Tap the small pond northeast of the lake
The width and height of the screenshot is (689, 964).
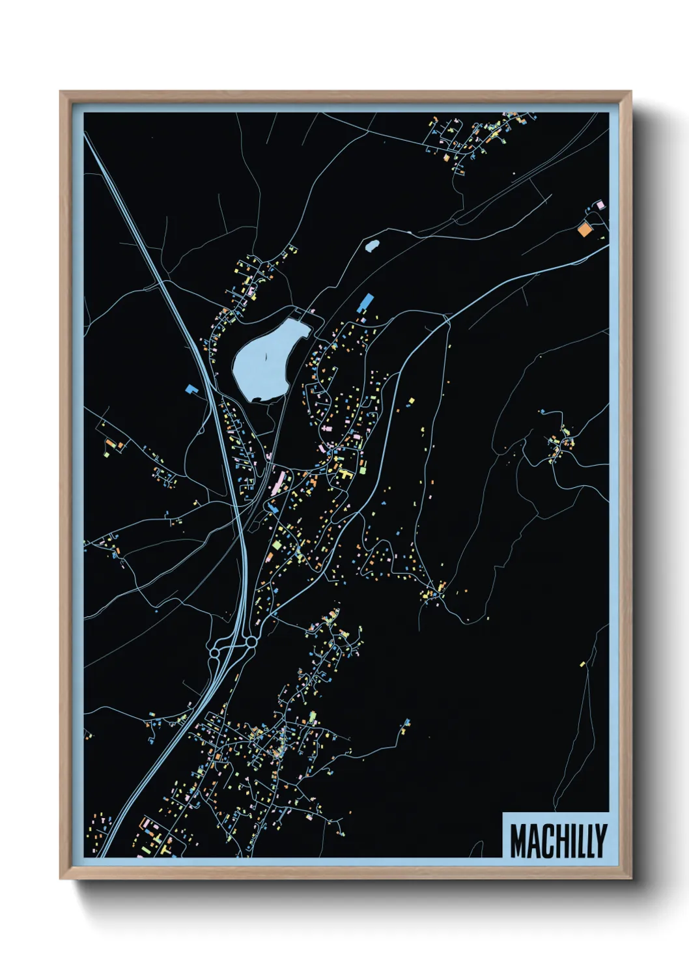pyautogui.click(x=372, y=246)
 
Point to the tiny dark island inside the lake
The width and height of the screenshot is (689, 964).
pyautogui.click(x=265, y=356)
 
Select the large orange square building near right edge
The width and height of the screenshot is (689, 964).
pyautogui.click(x=584, y=229)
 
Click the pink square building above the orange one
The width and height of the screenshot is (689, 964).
pyautogui.click(x=600, y=205)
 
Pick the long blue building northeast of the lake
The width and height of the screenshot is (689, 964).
pyautogui.click(x=366, y=302)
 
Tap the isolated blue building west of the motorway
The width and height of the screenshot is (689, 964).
pyautogui.click(x=191, y=389)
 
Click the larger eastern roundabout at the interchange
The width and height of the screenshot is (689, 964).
pyautogui.click(x=251, y=643)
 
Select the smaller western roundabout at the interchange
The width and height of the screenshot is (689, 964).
pyautogui.click(x=214, y=651)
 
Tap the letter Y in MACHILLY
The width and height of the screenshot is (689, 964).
pyautogui.click(x=600, y=841)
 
